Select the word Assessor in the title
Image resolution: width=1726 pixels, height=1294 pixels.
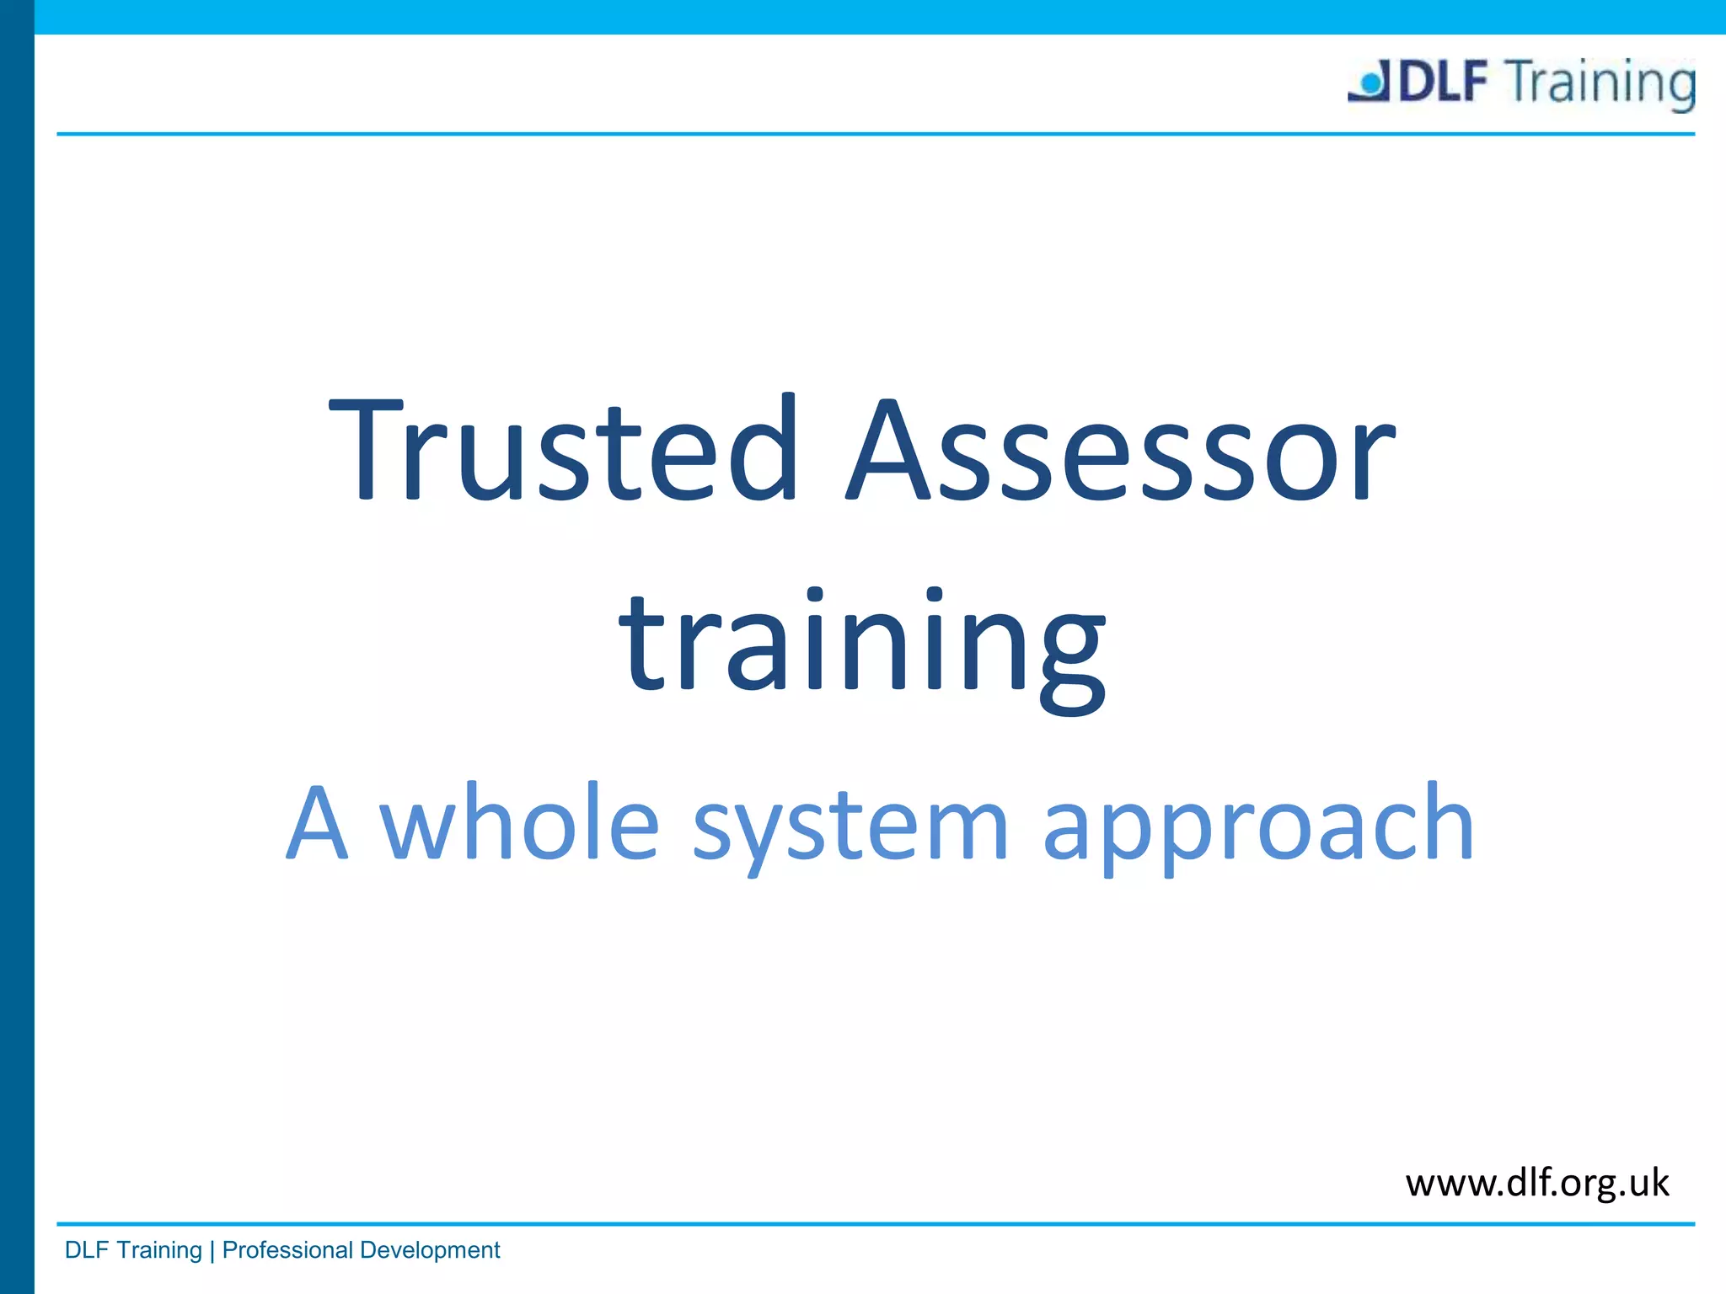coord(1121,448)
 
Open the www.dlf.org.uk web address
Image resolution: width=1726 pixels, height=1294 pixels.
coord(1536,1183)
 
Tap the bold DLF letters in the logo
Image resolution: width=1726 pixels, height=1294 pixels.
coord(1444,82)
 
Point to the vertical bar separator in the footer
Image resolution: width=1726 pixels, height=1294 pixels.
coord(212,1250)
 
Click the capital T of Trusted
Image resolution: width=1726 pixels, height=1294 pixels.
coord(364,448)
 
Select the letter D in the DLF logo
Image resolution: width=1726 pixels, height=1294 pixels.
coord(1418,82)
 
